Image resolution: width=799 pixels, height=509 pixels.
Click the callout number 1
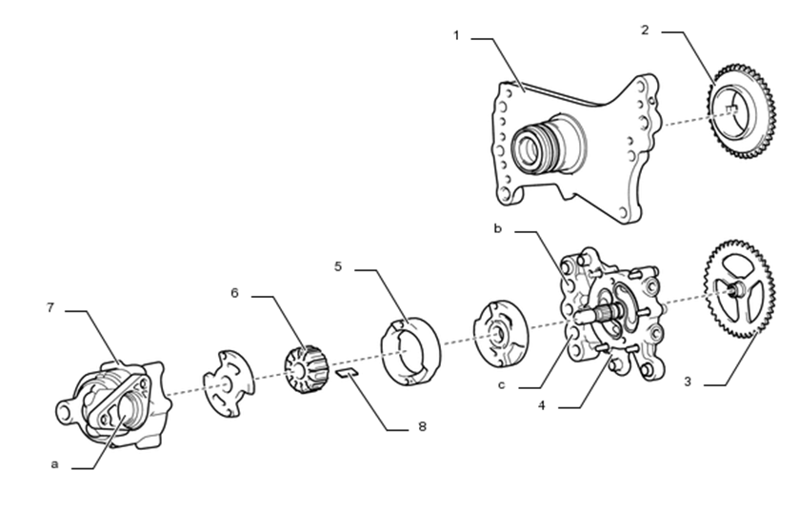point(456,35)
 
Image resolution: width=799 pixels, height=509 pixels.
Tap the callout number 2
point(645,30)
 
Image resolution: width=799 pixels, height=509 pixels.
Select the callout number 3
point(688,382)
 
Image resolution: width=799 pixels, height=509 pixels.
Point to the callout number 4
point(542,405)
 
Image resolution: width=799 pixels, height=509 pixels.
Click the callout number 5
point(338,266)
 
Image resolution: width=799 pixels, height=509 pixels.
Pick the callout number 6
point(234,293)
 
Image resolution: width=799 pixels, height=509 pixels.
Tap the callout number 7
point(50,307)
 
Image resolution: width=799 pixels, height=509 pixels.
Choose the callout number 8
point(422,426)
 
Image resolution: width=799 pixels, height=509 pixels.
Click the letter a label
point(54,464)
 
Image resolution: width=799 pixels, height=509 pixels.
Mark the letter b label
point(498,228)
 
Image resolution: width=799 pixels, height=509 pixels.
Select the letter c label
point(502,384)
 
